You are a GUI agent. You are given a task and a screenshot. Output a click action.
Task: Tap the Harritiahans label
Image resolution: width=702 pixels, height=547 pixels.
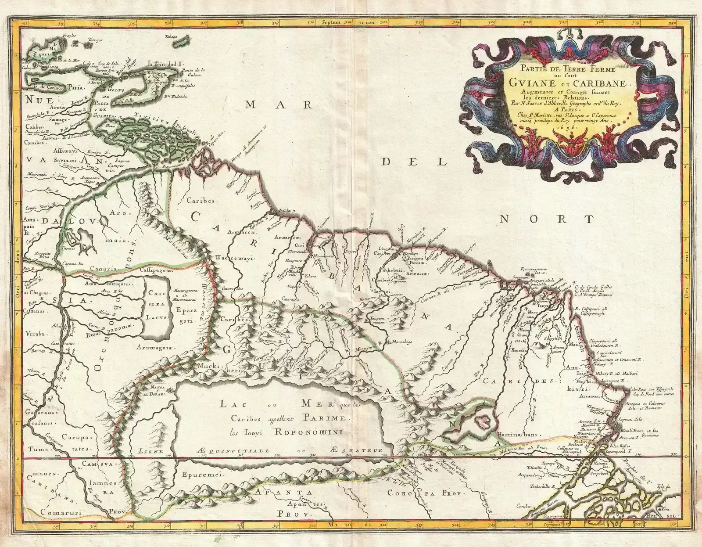(517, 435)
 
